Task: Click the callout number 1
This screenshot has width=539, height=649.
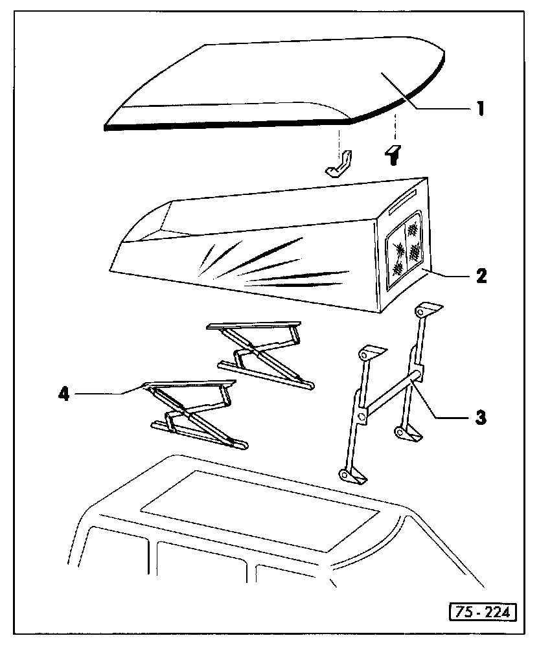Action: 479,108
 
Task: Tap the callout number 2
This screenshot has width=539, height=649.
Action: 479,276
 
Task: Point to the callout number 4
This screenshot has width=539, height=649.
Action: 63,393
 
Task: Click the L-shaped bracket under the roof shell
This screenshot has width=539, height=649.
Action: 339,165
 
